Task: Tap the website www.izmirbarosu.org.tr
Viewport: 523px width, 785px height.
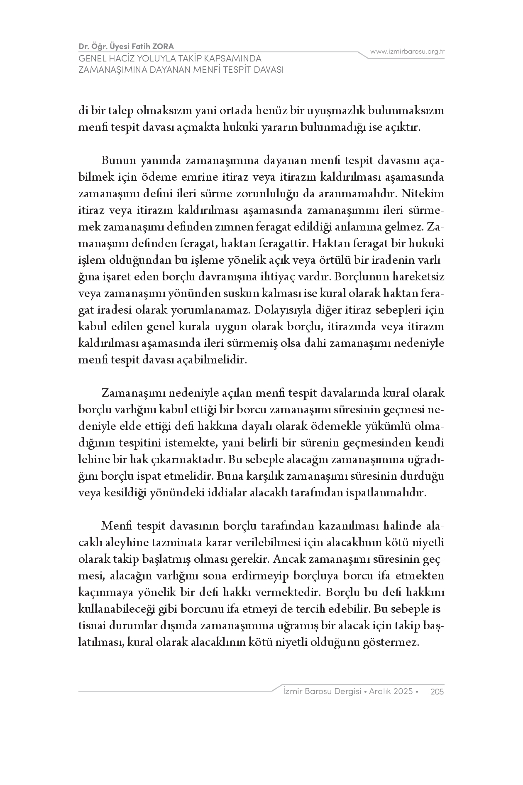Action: pyautogui.click(x=407, y=52)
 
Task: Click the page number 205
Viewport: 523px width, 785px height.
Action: pyautogui.click(x=437, y=692)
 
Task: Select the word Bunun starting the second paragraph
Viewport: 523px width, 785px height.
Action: pyautogui.click(x=116, y=161)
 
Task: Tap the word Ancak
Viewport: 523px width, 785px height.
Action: pyautogui.click(x=288, y=559)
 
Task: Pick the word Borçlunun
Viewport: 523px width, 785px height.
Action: pyautogui.click(x=364, y=277)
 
